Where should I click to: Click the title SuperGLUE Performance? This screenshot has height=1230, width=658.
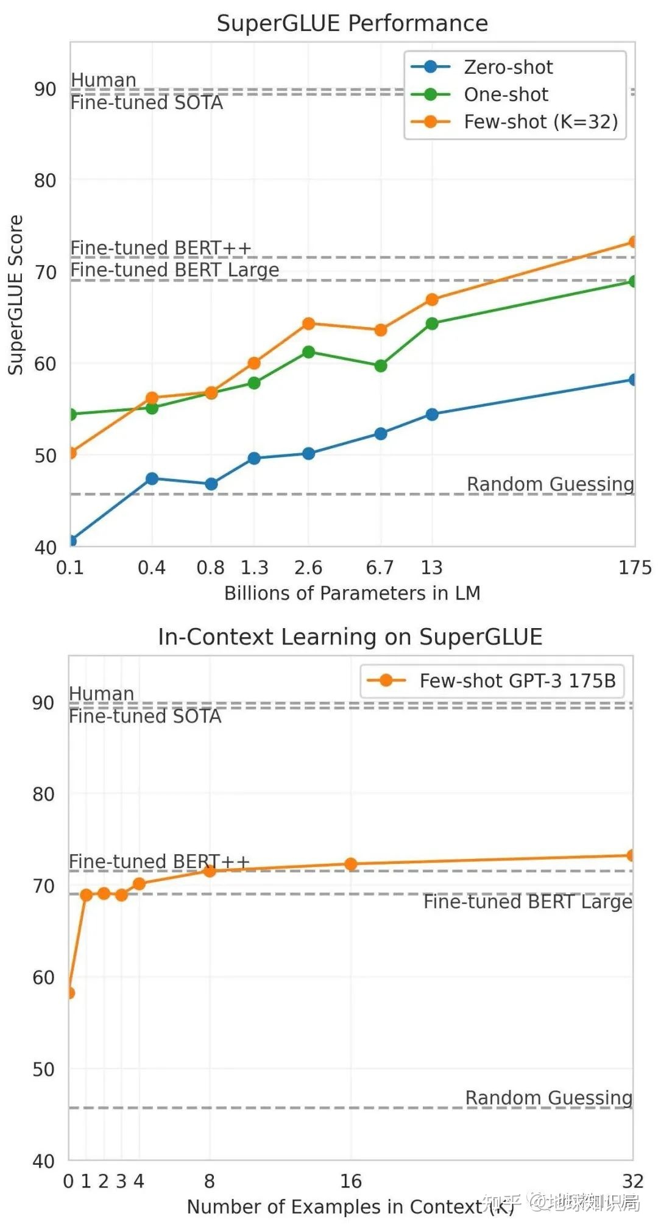point(352,23)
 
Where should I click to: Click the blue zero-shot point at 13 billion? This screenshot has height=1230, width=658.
point(432,414)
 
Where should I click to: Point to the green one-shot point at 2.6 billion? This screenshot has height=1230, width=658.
point(308,352)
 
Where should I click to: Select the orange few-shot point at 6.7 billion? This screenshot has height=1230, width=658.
point(381,330)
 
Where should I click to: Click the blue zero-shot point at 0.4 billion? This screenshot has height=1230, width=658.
point(152,479)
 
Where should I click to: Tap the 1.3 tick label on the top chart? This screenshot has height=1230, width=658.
point(254,568)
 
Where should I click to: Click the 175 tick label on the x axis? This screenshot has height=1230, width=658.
point(635,568)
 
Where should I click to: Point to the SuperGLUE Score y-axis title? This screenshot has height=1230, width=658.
point(15,295)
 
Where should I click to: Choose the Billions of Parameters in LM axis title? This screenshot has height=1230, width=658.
point(352,593)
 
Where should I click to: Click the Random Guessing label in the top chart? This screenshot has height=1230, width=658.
point(550,484)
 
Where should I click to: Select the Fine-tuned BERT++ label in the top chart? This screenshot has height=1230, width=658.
point(161,248)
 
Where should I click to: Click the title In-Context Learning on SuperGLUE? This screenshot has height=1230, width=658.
point(350,637)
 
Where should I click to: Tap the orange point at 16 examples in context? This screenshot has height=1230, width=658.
point(351,864)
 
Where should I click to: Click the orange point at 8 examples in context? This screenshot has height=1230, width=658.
point(210,871)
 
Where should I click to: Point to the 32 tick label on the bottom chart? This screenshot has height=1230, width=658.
point(632,1181)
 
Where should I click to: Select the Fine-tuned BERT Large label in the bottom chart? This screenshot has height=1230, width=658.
point(528,902)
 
